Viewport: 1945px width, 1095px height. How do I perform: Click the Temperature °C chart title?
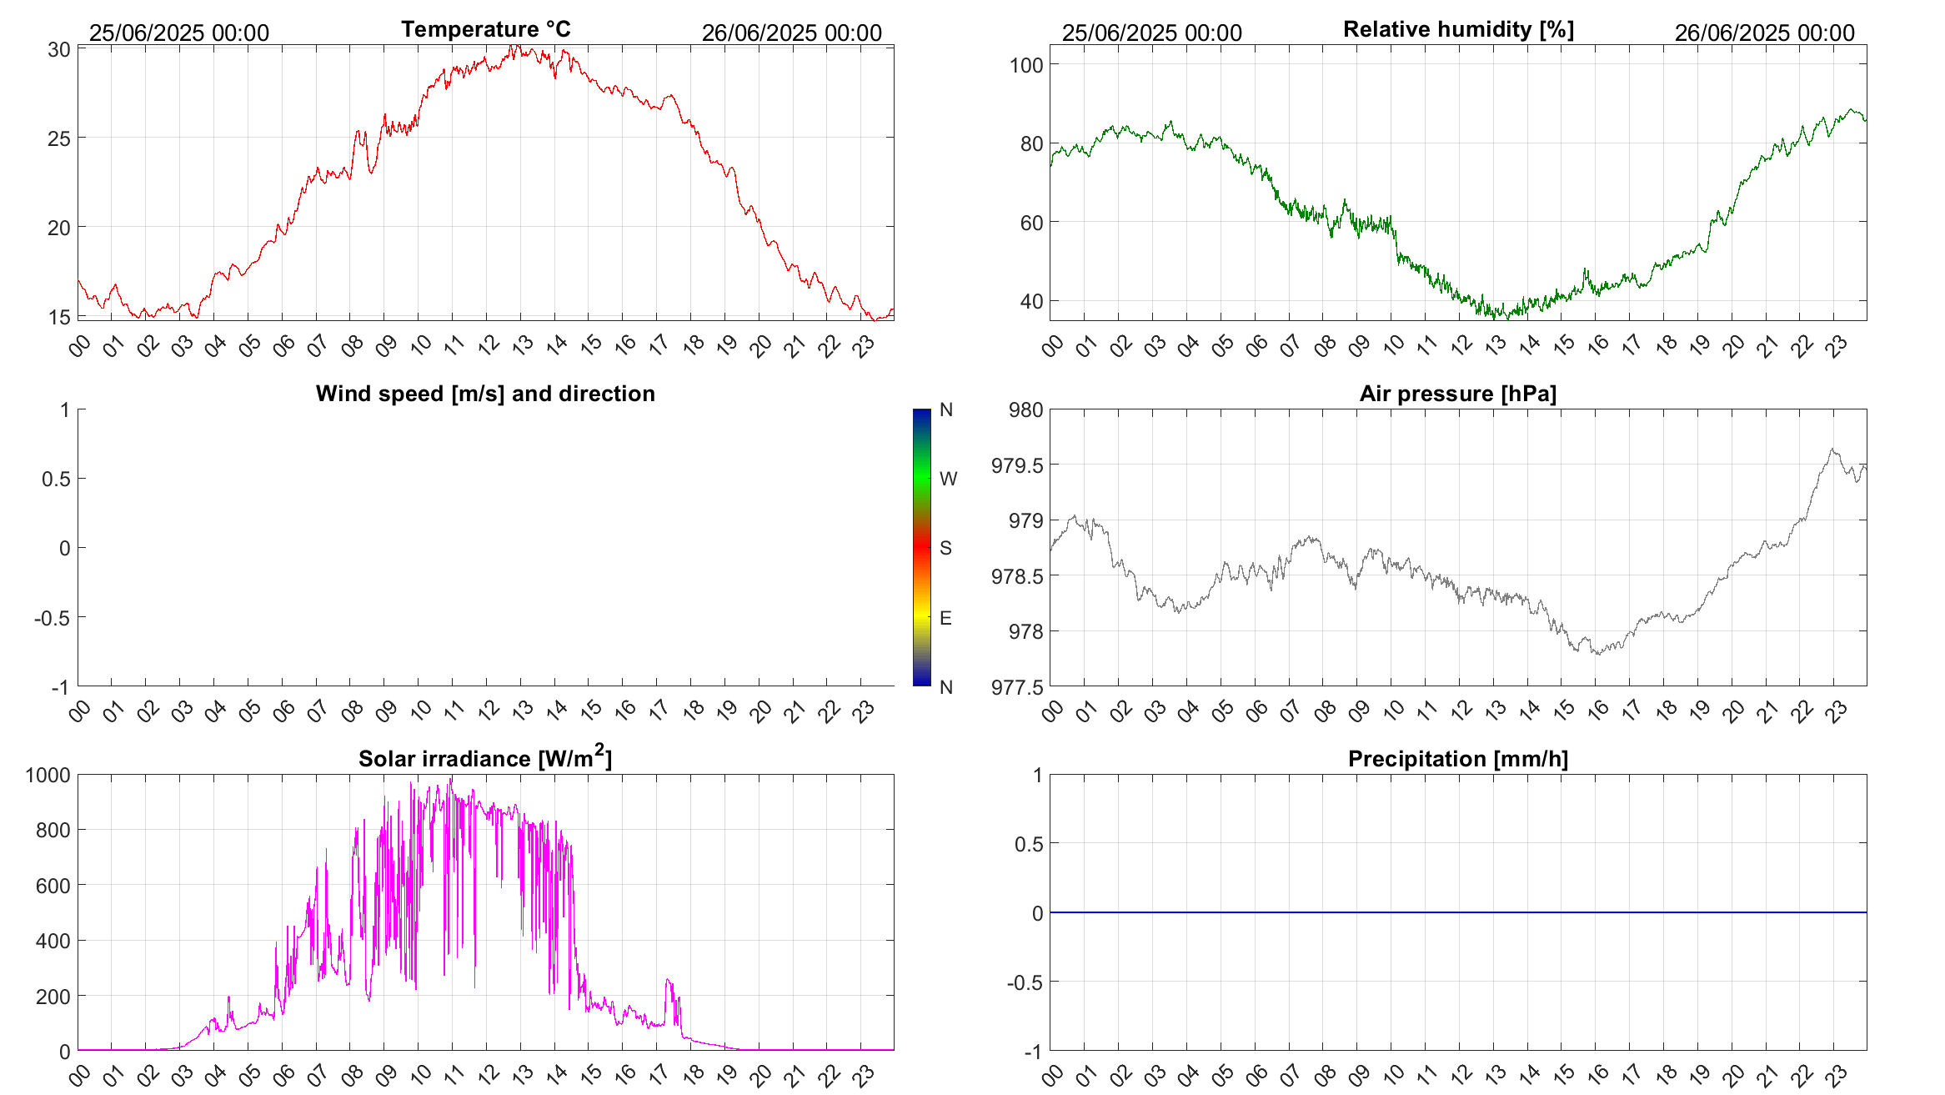(x=485, y=30)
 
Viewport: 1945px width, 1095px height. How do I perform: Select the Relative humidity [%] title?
(x=1458, y=30)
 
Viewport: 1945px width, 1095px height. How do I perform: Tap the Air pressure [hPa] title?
(x=1457, y=394)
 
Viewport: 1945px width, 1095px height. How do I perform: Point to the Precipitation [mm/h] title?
(x=1457, y=759)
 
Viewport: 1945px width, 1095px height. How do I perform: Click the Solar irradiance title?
(x=485, y=758)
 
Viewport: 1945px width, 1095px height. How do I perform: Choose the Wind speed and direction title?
(x=485, y=394)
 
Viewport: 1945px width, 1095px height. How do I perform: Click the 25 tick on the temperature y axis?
(x=58, y=138)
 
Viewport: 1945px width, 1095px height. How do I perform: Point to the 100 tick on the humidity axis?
(x=1026, y=65)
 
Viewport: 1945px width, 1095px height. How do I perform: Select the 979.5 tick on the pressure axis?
(x=1017, y=465)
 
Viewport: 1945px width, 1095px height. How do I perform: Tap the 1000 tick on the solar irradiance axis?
(x=48, y=776)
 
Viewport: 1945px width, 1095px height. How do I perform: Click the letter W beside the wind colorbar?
(x=948, y=479)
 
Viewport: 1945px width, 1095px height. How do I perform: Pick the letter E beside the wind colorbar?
(x=945, y=618)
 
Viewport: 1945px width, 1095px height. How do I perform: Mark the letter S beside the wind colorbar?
(x=945, y=548)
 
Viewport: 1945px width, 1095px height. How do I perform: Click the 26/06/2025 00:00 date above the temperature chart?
(x=791, y=33)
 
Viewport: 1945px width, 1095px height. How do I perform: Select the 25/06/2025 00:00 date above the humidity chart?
(x=1151, y=33)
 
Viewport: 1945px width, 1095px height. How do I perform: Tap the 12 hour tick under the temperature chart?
(x=489, y=344)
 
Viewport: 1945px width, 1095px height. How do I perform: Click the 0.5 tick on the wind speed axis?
(x=56, y=479)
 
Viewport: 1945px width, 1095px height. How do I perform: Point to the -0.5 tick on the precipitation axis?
(x=1025, y=982)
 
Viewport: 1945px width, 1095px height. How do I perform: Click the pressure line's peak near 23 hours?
(x=1832, y=450)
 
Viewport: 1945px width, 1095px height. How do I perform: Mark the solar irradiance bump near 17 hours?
(x=669, y=982)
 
